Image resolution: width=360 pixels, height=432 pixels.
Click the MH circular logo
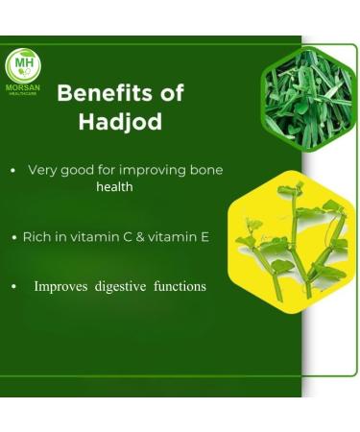(x=22, y=65)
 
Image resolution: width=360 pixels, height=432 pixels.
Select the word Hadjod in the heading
(x=120, y=122)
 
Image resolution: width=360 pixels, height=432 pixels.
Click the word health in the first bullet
(x=114, y=187)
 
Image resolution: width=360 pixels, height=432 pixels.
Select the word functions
(x=180, y=286)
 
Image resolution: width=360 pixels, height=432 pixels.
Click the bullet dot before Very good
(x=12, y=171)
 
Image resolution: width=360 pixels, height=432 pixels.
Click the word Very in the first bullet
(x=43, y=170)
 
